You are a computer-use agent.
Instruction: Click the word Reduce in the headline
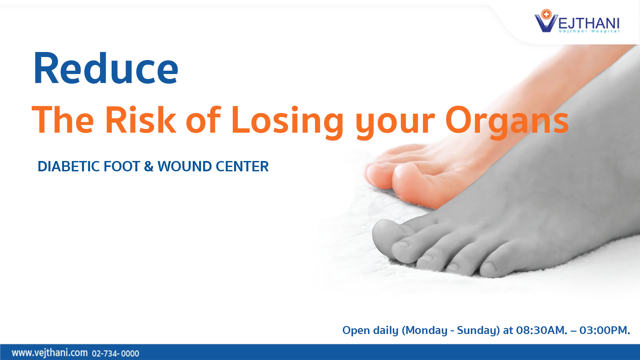click(106, 68)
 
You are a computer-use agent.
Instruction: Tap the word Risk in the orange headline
click(140, 120)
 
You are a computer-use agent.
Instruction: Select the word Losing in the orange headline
click(287, 121)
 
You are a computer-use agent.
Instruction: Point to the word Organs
click(507, 121)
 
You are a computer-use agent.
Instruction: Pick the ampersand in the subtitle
click(149, 166)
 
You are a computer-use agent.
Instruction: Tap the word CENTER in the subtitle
click(242, 166)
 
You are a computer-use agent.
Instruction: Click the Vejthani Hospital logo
click(577, 21)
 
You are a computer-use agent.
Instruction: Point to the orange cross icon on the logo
click(546, 14)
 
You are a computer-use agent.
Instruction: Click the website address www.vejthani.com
click(50, 353)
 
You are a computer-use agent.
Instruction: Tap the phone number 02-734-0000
click(115, 353)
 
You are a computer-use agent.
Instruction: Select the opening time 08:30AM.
click(542, 330)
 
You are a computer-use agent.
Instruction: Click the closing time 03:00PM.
click(605, 330)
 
